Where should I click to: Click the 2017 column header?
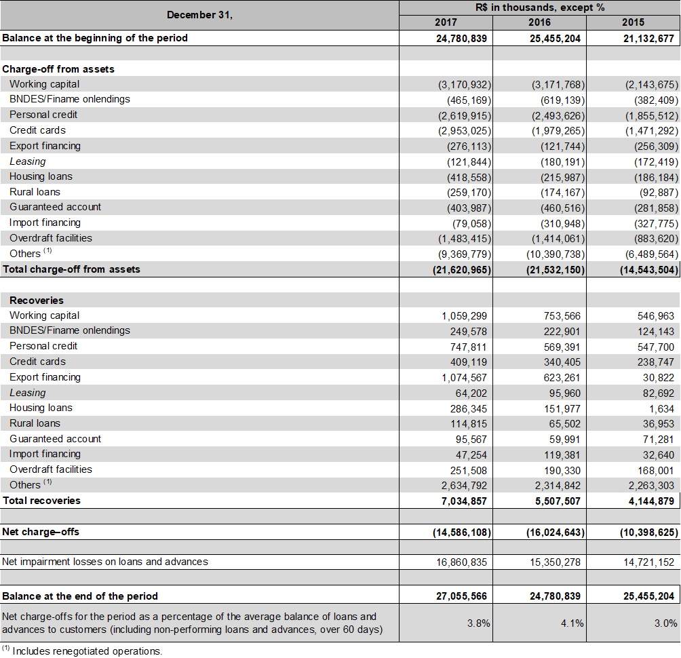pyautogui.click(x=446, y=22)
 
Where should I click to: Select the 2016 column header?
pyautogui.click(x=539, y=22)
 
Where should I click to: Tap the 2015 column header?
pyautogui.click(x=633, y=22)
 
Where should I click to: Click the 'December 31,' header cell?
pyautogui.click(x=199, y=15)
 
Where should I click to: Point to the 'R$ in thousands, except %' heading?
pyautogui.click(x=540, y=7)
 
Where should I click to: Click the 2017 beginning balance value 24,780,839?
pyautogui.click(x=461, y=38)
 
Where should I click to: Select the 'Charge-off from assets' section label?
pyautogui.click(x=49, y=69)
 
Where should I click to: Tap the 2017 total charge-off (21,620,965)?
pyautogui.click(x=461, y=269)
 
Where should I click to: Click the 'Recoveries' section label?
pyautogui.click(x=37, y=301)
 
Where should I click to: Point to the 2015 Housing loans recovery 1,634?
pyautogui.click(x=666, y=408)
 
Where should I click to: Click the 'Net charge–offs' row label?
pyautogui.click(x=41, y=532)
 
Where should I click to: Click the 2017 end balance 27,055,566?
pyautogui.click(x=461, y=596)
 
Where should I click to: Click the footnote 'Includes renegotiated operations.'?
pyautogui.click(x=87, y=651)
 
